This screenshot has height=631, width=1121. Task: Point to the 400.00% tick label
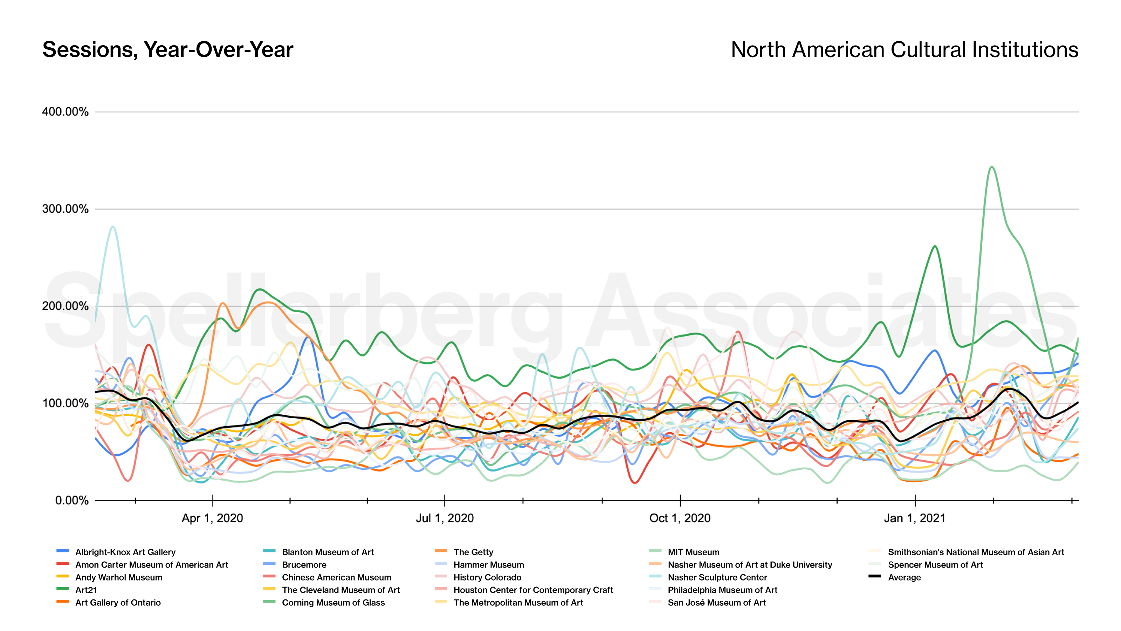[x=65, y=112]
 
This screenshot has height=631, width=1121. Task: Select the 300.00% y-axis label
[x=65, y=209]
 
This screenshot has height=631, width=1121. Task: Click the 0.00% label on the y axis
[x=72, y=500]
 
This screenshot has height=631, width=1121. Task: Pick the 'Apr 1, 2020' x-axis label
[x=212, y=518]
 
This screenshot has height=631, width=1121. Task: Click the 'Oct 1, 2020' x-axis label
[x=680, y=518]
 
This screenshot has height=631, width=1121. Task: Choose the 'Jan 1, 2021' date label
[x=915, y=518]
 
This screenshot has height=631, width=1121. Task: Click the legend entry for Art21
[x=86, y=590]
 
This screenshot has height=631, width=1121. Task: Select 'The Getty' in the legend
[x=473, y=552]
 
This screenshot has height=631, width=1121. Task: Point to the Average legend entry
[x=904, y=577]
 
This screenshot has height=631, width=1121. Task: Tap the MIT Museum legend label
[x=693, y=552]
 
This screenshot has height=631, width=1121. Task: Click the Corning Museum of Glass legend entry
[x=333, y=603]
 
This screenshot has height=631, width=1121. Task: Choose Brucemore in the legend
[x=304, y=565]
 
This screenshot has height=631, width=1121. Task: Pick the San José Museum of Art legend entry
[x=716, y=603]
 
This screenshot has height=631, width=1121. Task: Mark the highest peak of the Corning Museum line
[x=991, y=167]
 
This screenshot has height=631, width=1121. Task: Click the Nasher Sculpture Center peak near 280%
[x=113, y=226]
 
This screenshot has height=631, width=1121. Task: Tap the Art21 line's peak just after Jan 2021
[x=935, y=246]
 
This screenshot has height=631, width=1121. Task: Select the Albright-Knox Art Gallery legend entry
[x=125, y=552]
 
